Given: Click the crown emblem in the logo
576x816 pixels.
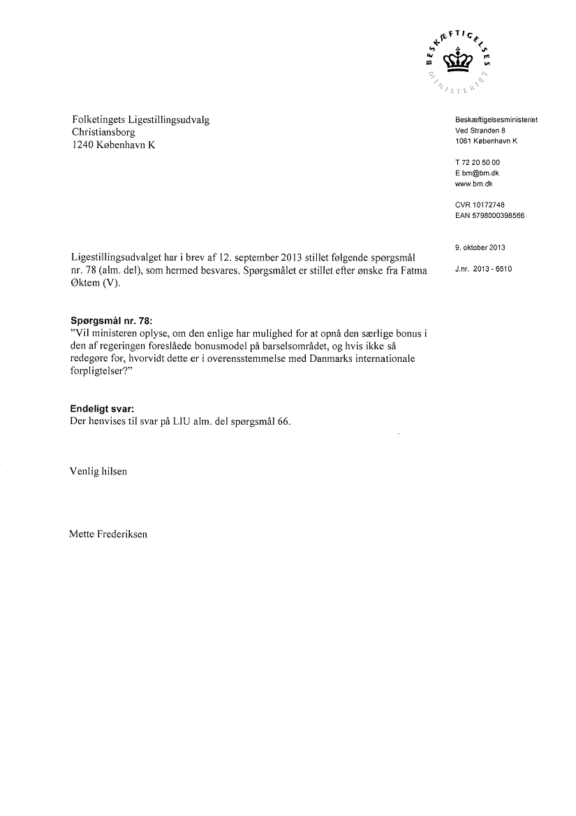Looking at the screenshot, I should [459, 61].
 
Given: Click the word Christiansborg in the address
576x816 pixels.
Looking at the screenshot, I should [104, 131].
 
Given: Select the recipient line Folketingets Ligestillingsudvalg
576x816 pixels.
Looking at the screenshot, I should [141, 119].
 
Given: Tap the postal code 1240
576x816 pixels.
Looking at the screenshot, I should [84, 144].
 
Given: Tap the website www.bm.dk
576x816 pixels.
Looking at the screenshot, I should [473, 183].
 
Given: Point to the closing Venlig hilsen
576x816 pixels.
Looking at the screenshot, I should [99, 472].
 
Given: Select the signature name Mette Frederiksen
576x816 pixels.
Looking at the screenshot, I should [109, 534].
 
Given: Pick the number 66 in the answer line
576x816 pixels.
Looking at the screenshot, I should [283, 422].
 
